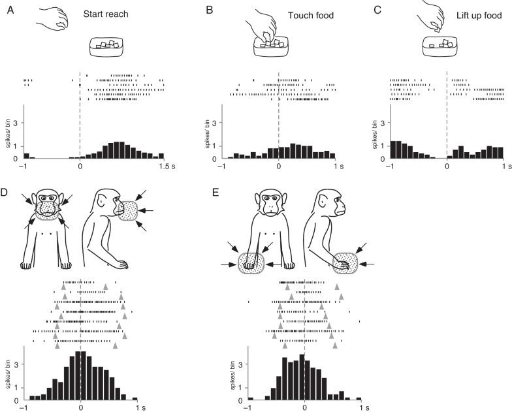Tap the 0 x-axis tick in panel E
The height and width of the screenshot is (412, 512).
tap(304, 407)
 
